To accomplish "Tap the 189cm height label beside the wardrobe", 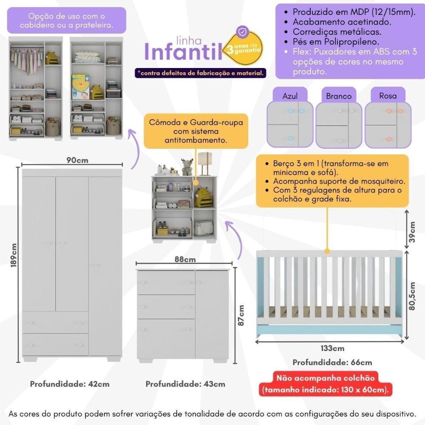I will (x=14, y=255).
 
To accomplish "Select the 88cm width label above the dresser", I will (x=185, y=259).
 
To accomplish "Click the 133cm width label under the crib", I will (x=332, y=348).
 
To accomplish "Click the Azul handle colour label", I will (x=290, y=96).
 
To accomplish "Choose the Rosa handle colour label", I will (x=388, y=96).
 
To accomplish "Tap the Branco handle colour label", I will (x=339, y=96).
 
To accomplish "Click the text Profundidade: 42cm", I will (x=70, y=384).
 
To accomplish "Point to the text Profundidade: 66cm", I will (x=332, y=363).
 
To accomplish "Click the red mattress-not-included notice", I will (x=331, y=384).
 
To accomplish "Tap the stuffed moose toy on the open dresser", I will (x=187, y=167).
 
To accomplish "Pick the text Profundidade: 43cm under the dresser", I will (x=185, y=384).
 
